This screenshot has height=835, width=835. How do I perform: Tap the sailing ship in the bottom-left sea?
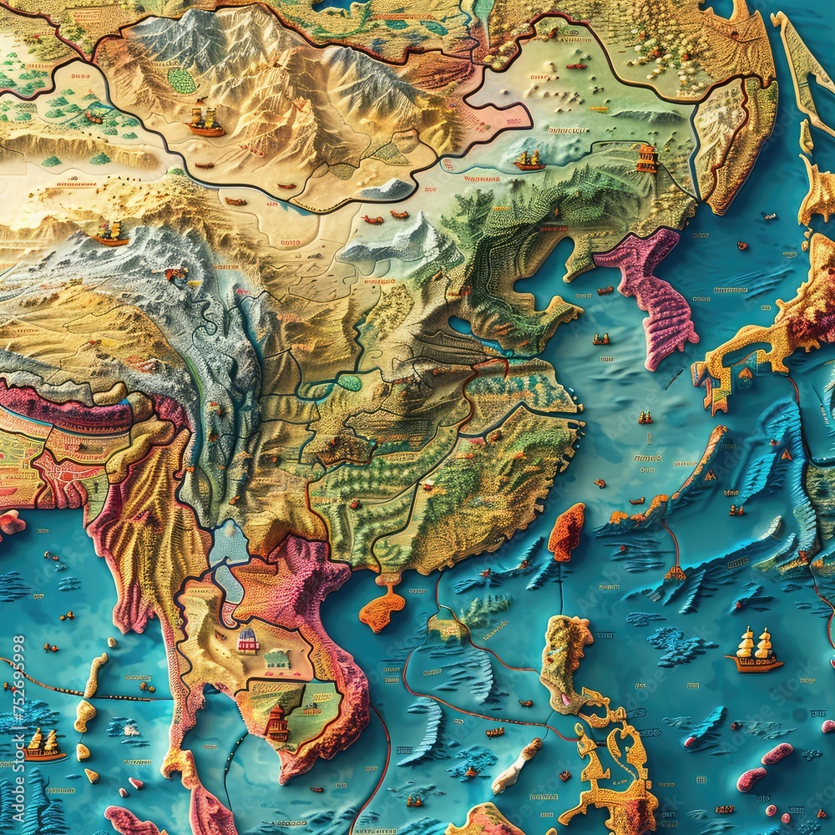(43, 744)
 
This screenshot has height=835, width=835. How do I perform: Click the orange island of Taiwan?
(566, 532)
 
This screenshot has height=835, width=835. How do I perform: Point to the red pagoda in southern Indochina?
(276, 723)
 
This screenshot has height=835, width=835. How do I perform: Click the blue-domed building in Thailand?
(248, 641)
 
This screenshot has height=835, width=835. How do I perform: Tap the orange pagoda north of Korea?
(647, 159)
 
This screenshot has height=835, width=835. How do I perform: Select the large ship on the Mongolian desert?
(205, 122)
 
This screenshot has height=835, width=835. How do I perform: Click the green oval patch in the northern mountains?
(181, 80)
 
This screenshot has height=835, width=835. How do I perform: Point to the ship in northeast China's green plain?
(529, 159)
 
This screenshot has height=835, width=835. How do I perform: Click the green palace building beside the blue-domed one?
(278, 660)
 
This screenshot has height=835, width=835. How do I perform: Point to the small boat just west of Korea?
(601, 339)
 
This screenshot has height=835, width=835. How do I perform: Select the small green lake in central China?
(349, 382)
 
